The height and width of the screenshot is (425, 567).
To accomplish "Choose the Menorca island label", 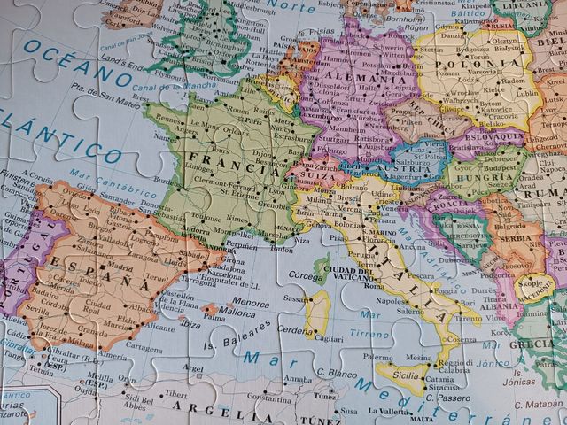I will point(251,302).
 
